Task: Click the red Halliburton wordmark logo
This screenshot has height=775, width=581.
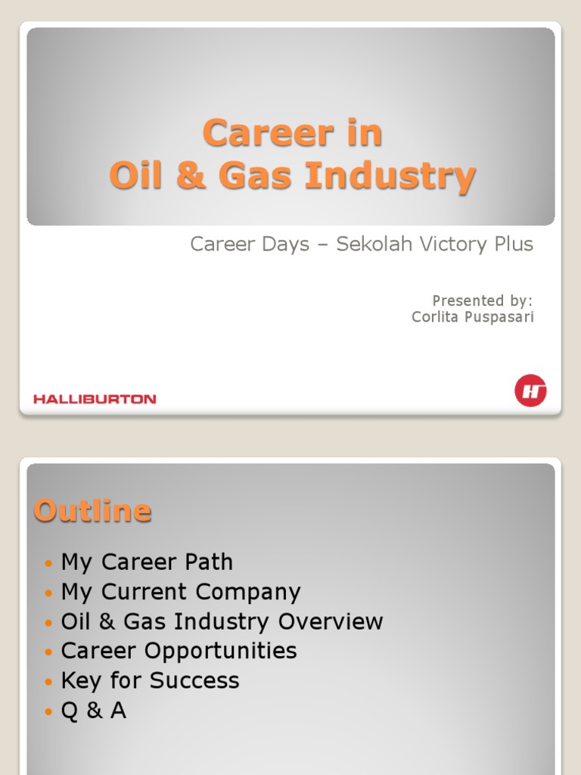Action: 95,399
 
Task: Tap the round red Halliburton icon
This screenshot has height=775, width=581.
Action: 530,391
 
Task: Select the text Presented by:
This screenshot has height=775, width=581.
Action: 483,300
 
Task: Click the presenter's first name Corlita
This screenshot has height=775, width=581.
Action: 435,317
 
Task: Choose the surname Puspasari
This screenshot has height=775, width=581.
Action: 499,317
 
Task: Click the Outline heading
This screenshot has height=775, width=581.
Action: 92,511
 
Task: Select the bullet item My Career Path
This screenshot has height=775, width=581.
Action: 147,562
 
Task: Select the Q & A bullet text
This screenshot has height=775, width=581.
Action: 93,710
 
